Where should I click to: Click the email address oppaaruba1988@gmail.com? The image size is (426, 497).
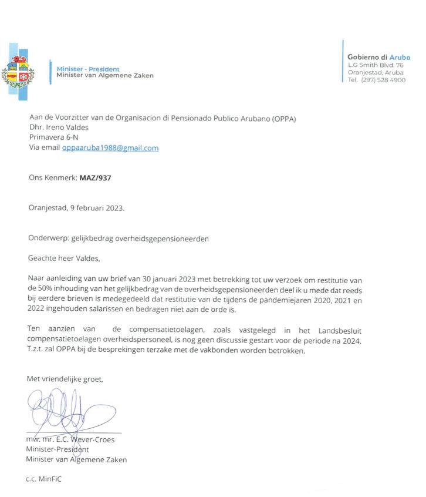(110, 148)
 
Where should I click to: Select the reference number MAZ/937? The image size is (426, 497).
(95, 177)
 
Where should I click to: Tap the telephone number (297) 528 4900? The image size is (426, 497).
(384, 80)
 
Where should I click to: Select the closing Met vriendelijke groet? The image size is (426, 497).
(65, 380)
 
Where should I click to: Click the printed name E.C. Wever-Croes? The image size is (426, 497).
(83, 439)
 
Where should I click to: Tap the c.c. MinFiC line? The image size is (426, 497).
(44, 479)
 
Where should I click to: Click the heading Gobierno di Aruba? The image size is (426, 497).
(378, 57)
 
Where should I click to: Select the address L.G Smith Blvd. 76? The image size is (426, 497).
(376, 65)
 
